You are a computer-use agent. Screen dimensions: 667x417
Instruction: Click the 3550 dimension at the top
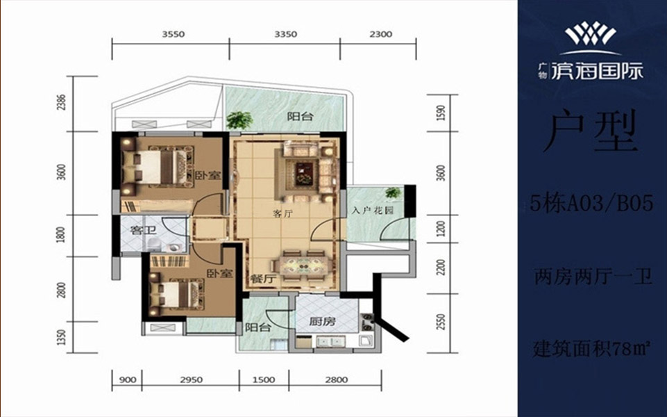pyautogui.click(x=173, y=34)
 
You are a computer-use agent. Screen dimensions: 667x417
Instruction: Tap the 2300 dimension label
pyautogui.click(x=381, y=34)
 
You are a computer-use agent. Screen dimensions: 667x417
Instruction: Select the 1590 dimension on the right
pyautogui.click(x=441, y=113)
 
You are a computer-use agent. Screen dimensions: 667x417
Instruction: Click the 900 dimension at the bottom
pyautogui.click(x=127, y=380)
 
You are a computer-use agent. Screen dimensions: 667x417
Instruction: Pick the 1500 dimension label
pyautogui.click(x=263, y=380)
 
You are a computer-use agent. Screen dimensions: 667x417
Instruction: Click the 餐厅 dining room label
pyautogui.click(x=261, y=279)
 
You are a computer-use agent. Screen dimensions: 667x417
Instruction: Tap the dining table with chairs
pyautogui.click(x=303, y=265)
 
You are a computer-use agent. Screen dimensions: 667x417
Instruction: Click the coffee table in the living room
pyautogui.click(x=304, y=174)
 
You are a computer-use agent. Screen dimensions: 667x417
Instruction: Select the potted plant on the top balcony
pyautogui.click(x=239, y=120)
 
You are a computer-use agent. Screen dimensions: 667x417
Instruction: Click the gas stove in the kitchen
pyautogui.click(x=367, y=322)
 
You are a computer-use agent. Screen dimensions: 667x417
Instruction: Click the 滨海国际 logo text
pyautogui.click(x=597, y=71)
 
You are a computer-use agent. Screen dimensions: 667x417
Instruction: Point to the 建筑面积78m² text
pyautogui.click(x=592, y=350)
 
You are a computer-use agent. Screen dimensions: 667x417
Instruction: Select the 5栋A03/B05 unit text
pyautogui.click(x=591, y=204)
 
